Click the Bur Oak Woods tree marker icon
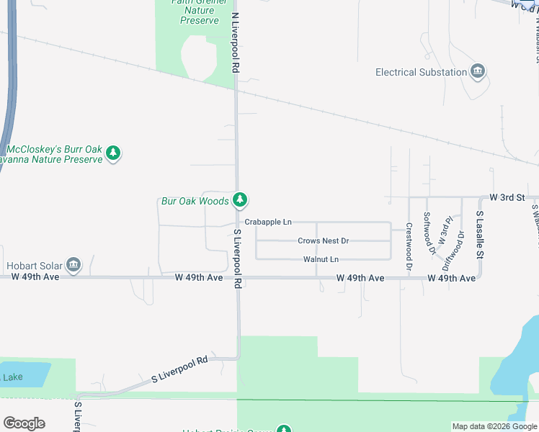point(240,200)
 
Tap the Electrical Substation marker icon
point(477,72)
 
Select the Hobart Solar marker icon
point(73,265)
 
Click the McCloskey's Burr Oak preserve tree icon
point(112,153)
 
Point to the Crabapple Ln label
point(267,222)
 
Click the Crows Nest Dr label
point(323,240)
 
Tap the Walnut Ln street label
point(321,258)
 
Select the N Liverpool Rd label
point(235,42)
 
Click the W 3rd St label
point(507,197)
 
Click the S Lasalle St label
point(479,234)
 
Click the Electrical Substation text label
point(422,72)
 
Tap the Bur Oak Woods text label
point(194,201)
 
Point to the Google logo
point(24,423)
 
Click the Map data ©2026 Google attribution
point(494,426)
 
